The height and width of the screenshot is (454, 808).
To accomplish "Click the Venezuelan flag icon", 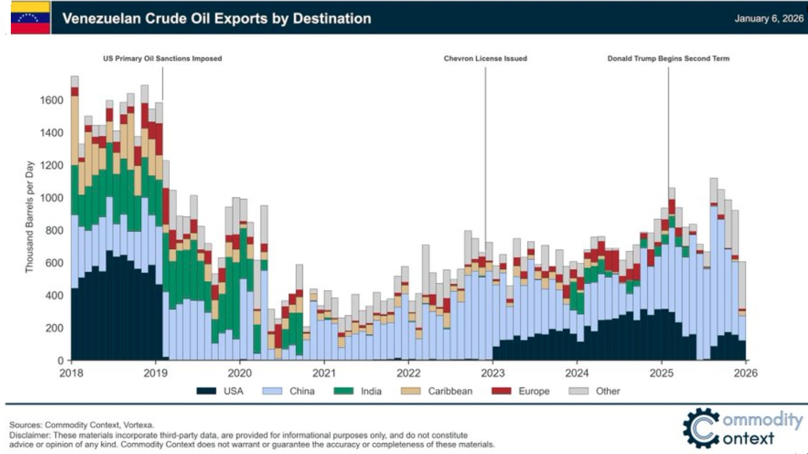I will point(30,18).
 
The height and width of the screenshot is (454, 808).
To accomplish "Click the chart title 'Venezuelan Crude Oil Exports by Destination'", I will point(217,18).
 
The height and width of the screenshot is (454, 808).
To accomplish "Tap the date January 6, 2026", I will point(768,18).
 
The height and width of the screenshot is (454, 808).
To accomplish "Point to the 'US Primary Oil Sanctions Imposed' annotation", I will point(162,59).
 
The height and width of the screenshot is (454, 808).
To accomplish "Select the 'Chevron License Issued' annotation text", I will point(485,59).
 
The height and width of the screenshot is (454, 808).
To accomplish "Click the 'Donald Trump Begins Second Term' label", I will point(668,59).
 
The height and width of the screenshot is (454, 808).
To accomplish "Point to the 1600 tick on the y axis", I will point(52,100).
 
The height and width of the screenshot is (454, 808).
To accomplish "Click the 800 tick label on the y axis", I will point(54,231).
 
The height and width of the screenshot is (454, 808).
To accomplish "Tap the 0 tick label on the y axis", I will point(61,361).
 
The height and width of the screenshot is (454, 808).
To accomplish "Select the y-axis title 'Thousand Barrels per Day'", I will point(29,217).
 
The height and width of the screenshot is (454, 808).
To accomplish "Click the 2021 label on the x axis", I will point(324,373).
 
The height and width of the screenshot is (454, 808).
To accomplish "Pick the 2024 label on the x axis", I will point(577,373).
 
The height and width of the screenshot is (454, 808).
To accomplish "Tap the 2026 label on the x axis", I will point(746,373).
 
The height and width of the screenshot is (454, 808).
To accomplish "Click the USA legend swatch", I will point(206,391).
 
